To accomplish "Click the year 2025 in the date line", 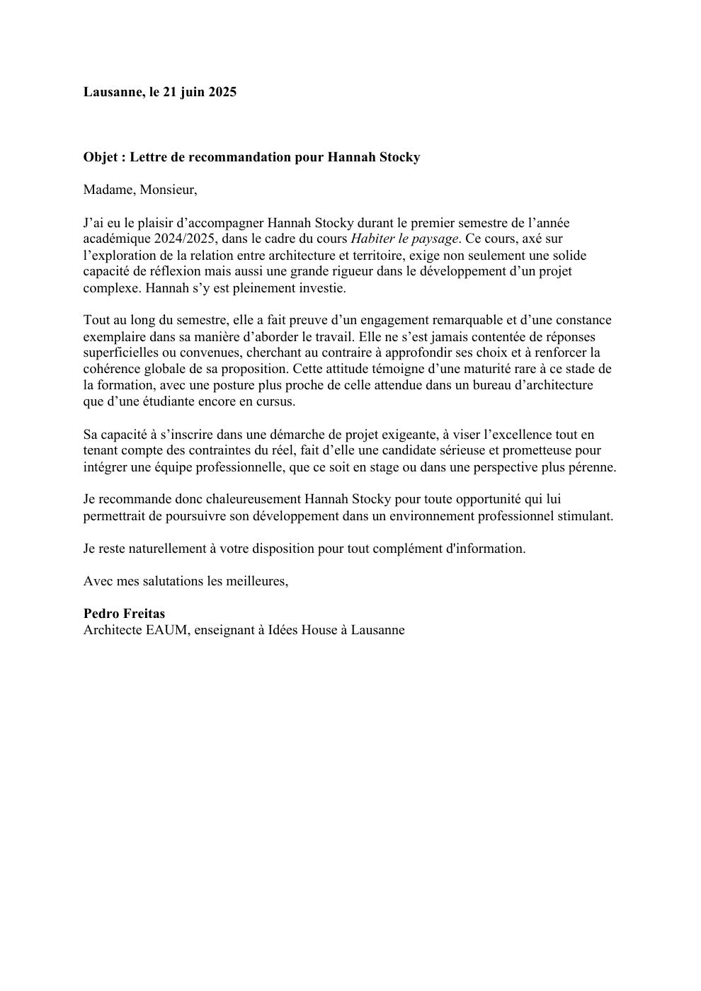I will [x=222, y=92].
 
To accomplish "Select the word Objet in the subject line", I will [x=101, y=157].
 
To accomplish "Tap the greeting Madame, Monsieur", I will [x=140, y=190].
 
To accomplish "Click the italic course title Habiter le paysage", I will [x=404, y=239].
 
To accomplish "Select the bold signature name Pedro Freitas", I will [x=124, y=614].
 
